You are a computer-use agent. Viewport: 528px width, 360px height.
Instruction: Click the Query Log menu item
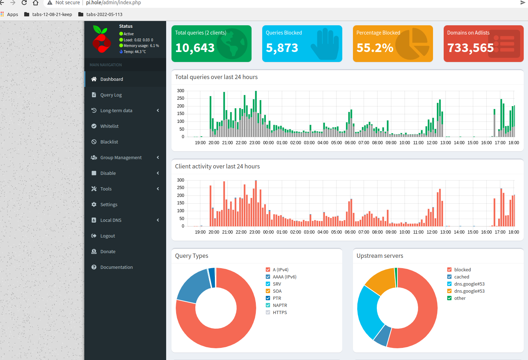click(x=111, y=95)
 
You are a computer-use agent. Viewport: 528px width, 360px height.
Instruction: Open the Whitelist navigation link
click(x=109, y=126)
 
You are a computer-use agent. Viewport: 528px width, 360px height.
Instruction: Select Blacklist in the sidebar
click(x=109, y=142)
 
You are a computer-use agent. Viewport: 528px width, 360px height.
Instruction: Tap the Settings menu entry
click(x=109, y=205)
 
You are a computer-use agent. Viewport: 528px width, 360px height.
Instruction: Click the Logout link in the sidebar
click(x=107, y=236)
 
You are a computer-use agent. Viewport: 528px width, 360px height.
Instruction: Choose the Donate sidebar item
click(x=107, y=252)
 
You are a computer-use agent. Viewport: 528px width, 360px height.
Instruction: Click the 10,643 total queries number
click(x=195, y=48)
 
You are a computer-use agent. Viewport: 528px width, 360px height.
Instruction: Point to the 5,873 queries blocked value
click(x=282, y=48)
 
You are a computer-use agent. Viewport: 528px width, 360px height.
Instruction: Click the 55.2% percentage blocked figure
click(x=375, y=48)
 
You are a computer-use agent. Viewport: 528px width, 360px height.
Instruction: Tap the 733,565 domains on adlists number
click(x=470, y=48)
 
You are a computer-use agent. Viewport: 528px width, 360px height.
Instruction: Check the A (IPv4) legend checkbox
click(x=268, y=270)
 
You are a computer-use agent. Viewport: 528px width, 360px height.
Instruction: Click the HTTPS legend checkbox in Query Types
click(x=268, y=312)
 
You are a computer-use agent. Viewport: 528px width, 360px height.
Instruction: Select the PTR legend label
click(x=277, y=298)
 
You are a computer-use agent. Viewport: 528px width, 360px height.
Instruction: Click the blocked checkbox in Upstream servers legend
click(x=449, y=270)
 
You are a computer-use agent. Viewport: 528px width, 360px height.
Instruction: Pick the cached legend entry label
click(x=461, y=277)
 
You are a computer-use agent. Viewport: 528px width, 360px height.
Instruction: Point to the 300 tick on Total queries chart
click(x=181, y=91)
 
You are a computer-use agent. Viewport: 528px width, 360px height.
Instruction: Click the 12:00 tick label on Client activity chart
click(x=432, y=232)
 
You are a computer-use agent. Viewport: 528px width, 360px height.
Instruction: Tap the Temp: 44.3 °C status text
click(x=134, y=52)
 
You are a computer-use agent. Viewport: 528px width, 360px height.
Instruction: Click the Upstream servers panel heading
click(x=380, y=256)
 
